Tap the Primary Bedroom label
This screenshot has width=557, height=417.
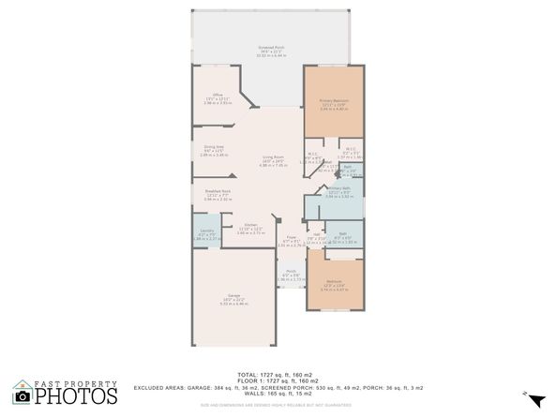pyautogui.click(x=334, y=100)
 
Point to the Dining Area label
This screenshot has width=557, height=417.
pyautogui.click(x=214, y=146)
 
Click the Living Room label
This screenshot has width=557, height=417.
pyautogui.click(x=273, y=158)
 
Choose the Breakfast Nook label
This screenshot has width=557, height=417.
pyautogui.click(x=218, y=191)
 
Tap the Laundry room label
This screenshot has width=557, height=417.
pyautogui.click(x=205, y=231)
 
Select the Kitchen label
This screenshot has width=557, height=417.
pyautogui.click(x=251, y=225)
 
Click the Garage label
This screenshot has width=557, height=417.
pyautogui.click(x=233, y=298)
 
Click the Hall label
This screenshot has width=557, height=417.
pyautogui.click(x=316, y=234)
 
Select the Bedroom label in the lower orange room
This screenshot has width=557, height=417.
pyautogui.click(x=334, y=282)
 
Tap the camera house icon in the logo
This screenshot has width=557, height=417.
pyautogui.click(x=23, y=393)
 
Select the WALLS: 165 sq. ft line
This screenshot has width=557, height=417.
pyautogui.click(x=278, y=394)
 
